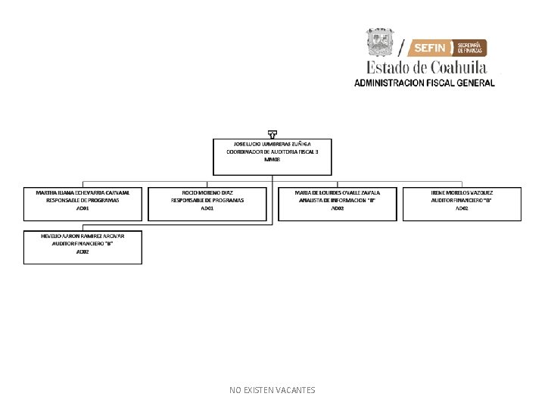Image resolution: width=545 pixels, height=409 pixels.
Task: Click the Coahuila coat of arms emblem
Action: pyautogui.click(x=381, y=42)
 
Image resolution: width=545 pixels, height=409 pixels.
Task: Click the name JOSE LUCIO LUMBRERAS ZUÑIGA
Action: pyautogui.click(x=272, y=143)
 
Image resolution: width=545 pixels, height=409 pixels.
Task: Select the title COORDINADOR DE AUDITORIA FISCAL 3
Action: pyautogui.click(x=272, y=151)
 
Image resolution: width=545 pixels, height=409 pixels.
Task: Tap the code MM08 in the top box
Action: pyautogui.click(x=272, y=160)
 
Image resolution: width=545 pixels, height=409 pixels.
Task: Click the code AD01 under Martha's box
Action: pyautogui.click(x=83, y=208)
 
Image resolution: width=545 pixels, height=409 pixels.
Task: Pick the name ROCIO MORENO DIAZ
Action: pyautogui.click(x=207, y=192)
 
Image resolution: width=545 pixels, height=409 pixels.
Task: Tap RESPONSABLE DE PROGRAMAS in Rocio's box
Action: pyautogui.click(x=207, y=200)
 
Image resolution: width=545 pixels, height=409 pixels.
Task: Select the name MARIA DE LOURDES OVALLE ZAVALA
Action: pyautogui.click(x=337, y=192)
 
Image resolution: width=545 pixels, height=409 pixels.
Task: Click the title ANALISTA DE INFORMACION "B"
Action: pyautogui.click(x=337, y=200)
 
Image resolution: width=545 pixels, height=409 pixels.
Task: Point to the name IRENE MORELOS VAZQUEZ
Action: pyautogui.click(x=462, y=192)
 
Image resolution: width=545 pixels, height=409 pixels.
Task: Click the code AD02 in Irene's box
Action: pyautogui.click(x=462, y=208)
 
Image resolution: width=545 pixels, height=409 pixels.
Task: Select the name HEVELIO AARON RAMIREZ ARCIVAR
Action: pyautogui.click(x=83, y=236)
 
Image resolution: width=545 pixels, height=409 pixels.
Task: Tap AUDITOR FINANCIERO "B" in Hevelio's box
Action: pyautogui.click(x=83, y=243)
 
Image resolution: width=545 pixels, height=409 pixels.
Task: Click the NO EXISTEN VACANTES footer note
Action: pyautogui.click(x=272, y=390)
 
